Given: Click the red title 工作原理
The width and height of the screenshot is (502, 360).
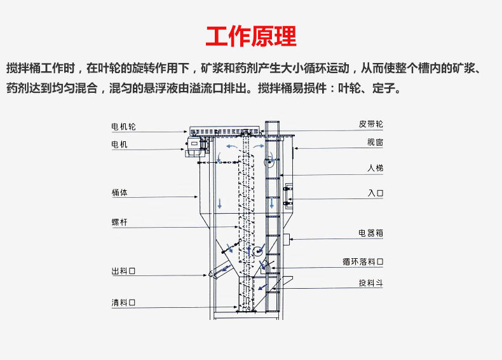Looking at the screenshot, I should click(251, 36).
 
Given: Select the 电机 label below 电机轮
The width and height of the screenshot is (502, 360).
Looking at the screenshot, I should click(119, 144).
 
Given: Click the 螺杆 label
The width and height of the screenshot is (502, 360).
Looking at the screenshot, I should click(119, 222).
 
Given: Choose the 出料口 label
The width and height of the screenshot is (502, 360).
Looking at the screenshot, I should click(123, 272).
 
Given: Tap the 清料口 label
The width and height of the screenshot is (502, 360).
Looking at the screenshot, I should click(123, 303).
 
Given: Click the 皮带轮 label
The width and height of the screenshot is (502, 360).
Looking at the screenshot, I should click(370, 123).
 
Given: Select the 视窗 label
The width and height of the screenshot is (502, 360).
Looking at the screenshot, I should click(375, 142).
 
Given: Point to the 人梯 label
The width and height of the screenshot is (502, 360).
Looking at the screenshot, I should click(375, 169).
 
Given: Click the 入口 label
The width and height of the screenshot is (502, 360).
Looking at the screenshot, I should click(375, 192).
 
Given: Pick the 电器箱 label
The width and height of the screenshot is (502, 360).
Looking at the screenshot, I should click(370, 233).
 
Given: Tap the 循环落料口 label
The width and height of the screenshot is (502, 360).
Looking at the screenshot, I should click(362, 261).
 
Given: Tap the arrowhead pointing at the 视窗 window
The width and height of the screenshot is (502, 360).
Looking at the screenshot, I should click(297, 148).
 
